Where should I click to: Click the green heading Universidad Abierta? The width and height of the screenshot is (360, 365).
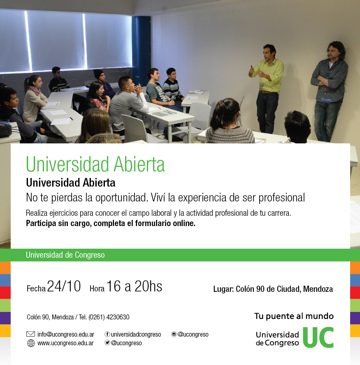(x=95, y=164)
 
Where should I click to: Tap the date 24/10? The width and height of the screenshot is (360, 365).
(x=64, y=286)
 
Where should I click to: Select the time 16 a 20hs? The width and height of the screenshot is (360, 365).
(x=134, y=286)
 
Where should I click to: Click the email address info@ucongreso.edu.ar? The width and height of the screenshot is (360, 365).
(x=66, y=334)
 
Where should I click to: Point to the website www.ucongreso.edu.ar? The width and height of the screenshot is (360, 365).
(x=65, y=343)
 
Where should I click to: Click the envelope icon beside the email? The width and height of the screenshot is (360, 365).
(x=30, y=334)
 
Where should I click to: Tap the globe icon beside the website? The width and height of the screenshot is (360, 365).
(x=31, y=343)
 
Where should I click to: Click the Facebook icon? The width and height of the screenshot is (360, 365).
(x=107, y=334)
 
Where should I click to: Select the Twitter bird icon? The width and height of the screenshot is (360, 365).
(x=107, y=343)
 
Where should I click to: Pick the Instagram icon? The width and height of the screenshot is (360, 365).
(x=174, y=334)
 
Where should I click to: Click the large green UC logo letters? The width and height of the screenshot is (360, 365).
(x=318, y=337)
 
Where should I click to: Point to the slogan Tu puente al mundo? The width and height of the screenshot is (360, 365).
(x=294, y=316)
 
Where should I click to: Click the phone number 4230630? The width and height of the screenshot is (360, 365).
(x=118, y=317)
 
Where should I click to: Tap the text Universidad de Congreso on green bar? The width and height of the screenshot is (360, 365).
(x=65, y=255)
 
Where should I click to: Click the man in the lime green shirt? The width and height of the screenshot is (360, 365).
(x=267, y=88)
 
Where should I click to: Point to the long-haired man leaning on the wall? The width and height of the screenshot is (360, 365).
(x=329, y=91)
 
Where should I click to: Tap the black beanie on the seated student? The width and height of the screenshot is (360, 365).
(x=98, y=74)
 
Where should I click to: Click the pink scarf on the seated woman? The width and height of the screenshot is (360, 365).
(x=35, y=90)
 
